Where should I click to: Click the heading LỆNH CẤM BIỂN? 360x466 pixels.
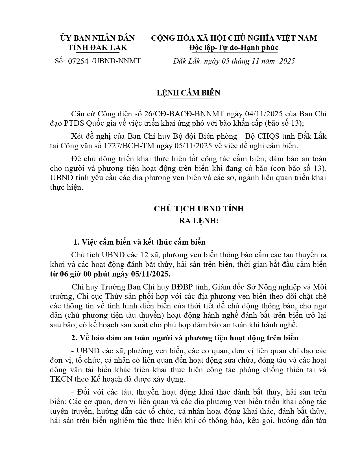[x=188, y=93]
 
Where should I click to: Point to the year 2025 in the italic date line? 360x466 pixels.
[x=287, y=61]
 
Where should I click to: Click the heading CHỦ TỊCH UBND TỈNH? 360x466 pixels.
[x=198, y=209]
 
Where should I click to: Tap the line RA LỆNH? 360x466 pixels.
[x=199, y=221]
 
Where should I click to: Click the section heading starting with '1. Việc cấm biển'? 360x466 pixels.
[x=139, y=242]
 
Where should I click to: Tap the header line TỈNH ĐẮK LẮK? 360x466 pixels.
[x=98, y=48]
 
